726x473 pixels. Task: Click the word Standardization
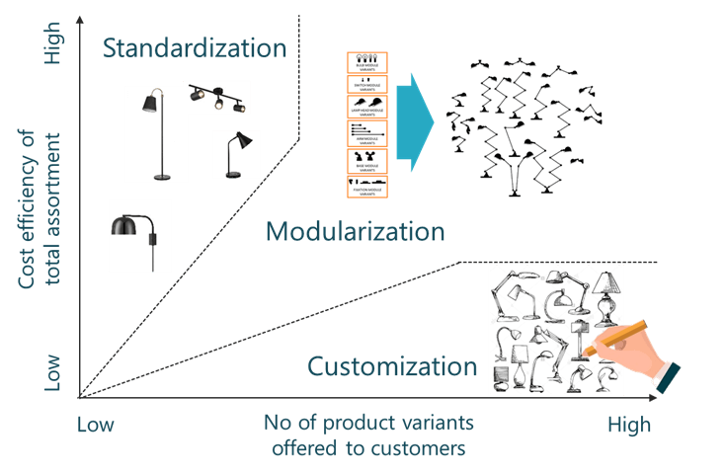[195, 47]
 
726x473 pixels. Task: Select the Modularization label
[356, 232]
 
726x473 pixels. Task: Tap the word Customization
[392, 366]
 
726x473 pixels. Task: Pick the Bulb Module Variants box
[369, 62]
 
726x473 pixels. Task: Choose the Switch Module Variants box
[369, 84]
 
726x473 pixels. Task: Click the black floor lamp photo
[155, 133]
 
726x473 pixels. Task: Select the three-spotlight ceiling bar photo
[218, 98]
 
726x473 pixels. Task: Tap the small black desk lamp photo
[237, 154]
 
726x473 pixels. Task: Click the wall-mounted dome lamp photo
[139, 235]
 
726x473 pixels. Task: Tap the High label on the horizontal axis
[629, 426]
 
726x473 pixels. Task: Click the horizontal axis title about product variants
[367, 435]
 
